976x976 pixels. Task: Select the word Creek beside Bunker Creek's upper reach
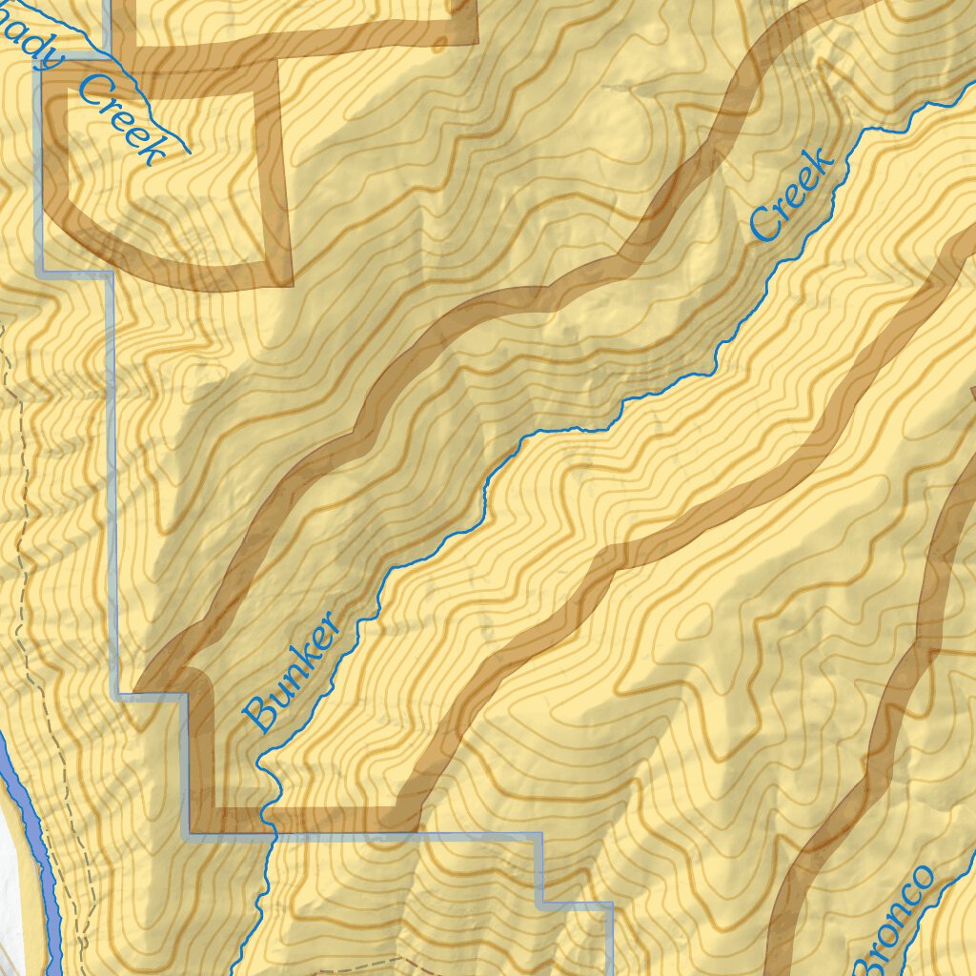coord(793,194)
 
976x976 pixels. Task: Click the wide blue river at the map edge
coord(29,839)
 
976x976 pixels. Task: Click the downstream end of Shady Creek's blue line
coord(189,152)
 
